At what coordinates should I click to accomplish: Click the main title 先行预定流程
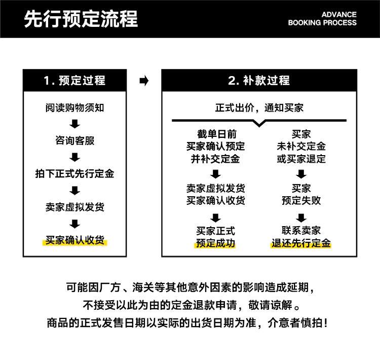[x=81, y=19]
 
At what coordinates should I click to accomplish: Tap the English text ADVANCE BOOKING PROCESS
[x=322, y=19]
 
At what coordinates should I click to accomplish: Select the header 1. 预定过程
[x=74, y=81]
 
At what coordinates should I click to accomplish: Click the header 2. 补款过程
[x=259, y=81]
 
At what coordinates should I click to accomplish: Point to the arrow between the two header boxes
[x=144, y=81]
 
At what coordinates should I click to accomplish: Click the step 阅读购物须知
[x=75, y=107]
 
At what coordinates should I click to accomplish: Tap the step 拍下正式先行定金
[x=75, y=174]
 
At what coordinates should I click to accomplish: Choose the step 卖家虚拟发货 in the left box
[x=75, y=207]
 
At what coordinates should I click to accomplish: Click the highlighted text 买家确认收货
[x=75, y=240]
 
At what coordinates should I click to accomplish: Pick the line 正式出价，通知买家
[x=259, y=107]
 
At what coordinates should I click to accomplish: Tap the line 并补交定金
[x=216, y=159]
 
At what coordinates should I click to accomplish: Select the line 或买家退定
[x=301, y=159]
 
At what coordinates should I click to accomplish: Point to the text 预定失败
[x=301, y=200]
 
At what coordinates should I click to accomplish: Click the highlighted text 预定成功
[x=216, y=243]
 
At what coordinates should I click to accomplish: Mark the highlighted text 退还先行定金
[x=301, y=243]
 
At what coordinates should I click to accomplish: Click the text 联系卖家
[x=301, y=231]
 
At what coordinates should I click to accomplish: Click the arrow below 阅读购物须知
[x=75, y=124]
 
